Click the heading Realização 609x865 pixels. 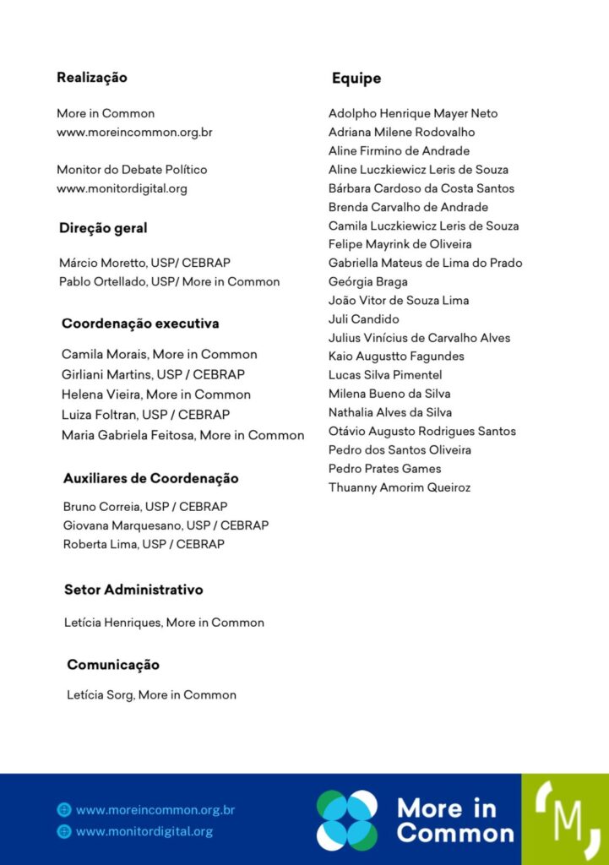coord(92,78)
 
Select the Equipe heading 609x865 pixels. coord(356,79)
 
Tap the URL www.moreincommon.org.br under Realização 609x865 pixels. coord(134,132)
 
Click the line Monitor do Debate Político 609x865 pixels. coord(132,170)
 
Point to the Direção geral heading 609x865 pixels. coord(103,228)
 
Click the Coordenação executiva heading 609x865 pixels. coord(140,324)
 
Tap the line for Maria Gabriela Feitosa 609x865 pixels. coord(182,435)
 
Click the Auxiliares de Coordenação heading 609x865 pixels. coord(151,478)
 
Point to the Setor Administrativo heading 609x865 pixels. coord(133,590)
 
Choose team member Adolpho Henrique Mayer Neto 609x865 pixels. coord(413,113)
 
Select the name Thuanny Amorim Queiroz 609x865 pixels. coord(400,487)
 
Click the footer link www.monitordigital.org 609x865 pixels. coord(144,831)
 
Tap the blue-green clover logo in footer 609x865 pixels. coord(347,820)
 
